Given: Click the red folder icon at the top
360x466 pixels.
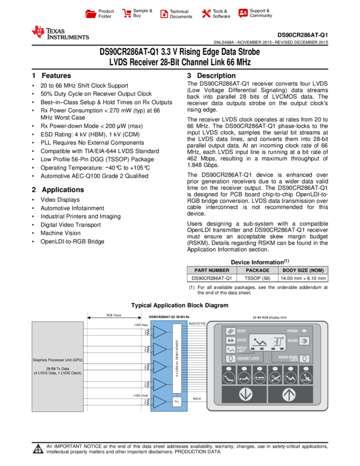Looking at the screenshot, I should pyautogui.click(x=91, y=14).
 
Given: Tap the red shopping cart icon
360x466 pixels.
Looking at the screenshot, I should pyautogui.click(x=127, y=14).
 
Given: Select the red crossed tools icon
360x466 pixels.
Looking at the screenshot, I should pyautogui.click(x=206, y=14).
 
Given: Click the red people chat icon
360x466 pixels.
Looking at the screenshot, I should pyautogui.click(x=243, y=13).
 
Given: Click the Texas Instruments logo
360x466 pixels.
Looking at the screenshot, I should pyautogui.click(x=60, y=33).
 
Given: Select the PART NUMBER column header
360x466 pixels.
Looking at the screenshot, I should pyautogui.click(x=212, y=270).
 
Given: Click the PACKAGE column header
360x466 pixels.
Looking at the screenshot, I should pyautogui.click(x=258, y=270).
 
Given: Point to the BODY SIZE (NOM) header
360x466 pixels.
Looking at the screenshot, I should pyautogui.click(x=303, y=270).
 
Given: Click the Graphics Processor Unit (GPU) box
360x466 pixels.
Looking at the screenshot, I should pyautogui.click(x=58, y=366).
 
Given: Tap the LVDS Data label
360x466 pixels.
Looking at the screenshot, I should pyautogui.click(x=141, y=325).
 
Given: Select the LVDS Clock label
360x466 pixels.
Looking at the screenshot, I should pyautogui.click(x=141, y=395).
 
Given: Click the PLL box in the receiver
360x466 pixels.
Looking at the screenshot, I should pyautogui.click(x=176, y=402).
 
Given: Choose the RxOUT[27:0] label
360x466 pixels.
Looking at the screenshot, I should pyautogui.click(x=197, y=323).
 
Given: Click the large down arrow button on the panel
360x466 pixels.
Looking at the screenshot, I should pyautogui.click(x=244, y=394).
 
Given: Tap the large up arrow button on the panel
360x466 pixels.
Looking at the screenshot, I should pyautogui.click(x=290, y=394).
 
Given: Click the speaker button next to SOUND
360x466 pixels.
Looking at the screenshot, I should pyautogui.click(x=304, y=341).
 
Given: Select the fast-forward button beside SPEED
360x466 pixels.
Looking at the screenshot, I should pyautogui.click(x=231, y=340).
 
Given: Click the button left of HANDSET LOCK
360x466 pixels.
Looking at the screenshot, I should pyautogui.click(x=231, y=359).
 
